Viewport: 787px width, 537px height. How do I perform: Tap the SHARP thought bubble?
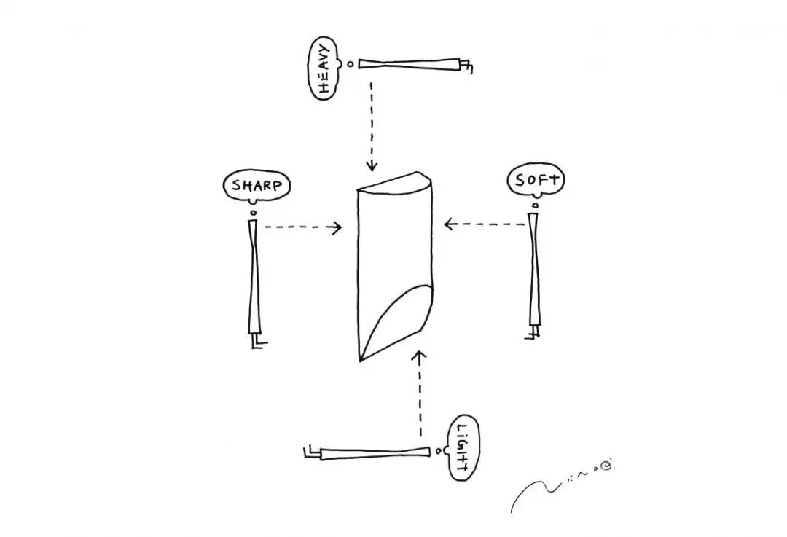[x=256, y=185]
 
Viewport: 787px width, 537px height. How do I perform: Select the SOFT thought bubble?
[x=536, y=181]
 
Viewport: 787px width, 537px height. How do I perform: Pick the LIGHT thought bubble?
[x=461, y=447]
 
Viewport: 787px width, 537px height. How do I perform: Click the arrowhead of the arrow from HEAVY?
[x=372, y=165]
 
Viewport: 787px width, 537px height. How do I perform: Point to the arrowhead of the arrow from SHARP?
[x=337, y=227]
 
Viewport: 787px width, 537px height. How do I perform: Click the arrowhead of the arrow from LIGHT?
[x=419, y=356]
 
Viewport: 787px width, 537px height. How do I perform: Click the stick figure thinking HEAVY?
[x=408, y=64]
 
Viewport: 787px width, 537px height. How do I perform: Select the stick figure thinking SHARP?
[x=254, y=277]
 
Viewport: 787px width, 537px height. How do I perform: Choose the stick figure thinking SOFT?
[x=536, y=270]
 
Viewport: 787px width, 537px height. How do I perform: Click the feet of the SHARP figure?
[x=257, y=342]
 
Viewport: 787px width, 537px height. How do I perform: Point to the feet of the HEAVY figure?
[x=466, y=67]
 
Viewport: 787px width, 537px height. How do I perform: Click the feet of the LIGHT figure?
[x=310, y=452]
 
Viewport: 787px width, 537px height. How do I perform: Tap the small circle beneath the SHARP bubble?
[x=253, y=213]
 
